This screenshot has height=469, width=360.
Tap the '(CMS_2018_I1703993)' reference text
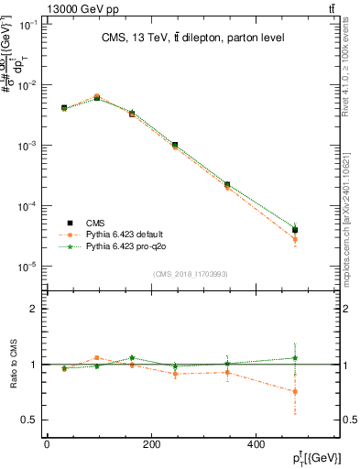pyautogui.click(x=190, y=274)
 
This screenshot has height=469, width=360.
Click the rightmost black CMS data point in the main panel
pyautogui.click(x=294, y=230)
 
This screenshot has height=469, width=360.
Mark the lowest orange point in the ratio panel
pyautogui.click(x=294, y=392)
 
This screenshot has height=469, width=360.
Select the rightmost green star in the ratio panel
pyautogui.click(x=294, y=358)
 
